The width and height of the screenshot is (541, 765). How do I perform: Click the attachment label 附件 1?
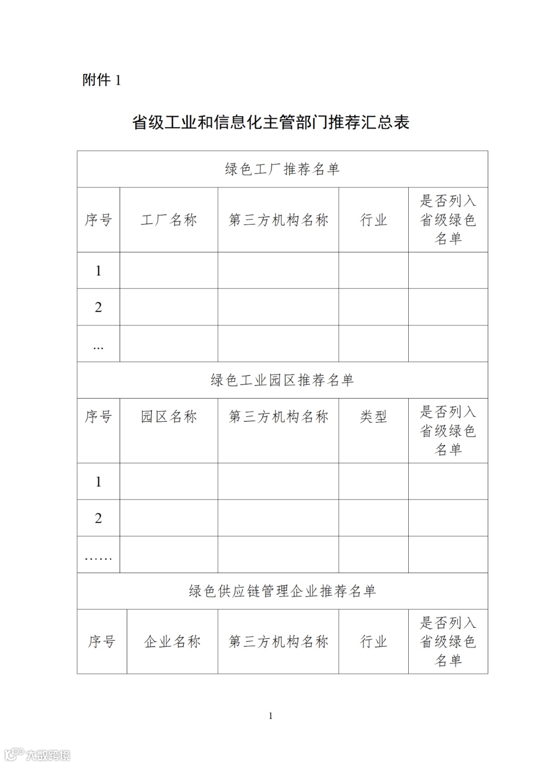pos(102,80)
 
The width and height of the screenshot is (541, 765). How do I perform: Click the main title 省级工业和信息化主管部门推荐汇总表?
pos(270,122)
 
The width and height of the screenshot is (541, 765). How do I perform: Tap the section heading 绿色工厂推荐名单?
pos(282,169)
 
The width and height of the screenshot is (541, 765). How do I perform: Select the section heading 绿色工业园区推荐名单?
pos(282,380)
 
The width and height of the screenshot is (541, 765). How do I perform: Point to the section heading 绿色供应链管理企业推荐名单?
pos(282,591)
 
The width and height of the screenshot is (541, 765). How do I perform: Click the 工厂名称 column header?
pos(169,220)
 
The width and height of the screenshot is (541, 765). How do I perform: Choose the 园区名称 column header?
pos(169,417)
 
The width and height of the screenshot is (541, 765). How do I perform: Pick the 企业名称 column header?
pos(172,642)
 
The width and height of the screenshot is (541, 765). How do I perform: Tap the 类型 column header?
pos(373,417)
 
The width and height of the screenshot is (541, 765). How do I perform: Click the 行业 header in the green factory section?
pos(373,220)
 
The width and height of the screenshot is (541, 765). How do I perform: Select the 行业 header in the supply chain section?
pos(373,642)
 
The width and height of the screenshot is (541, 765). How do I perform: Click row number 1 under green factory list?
pos(98,271)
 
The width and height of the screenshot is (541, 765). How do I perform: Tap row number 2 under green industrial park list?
pos(98,518)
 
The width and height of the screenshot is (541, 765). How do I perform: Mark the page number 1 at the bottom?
pos(271,716)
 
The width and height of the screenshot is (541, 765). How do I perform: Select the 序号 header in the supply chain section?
pos(102,642)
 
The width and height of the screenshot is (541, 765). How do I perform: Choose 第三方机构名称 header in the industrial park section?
pos(278,417)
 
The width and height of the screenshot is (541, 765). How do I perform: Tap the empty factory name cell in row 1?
pos(169,271)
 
